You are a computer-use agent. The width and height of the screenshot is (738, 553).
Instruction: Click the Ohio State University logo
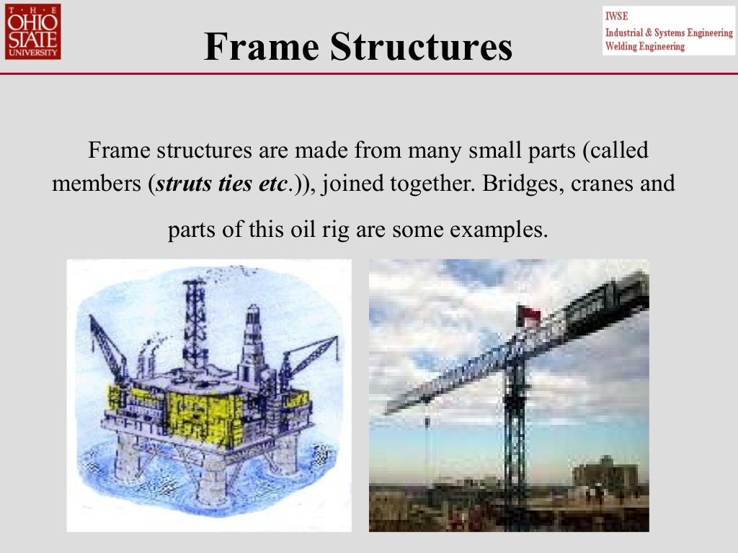point(33,31)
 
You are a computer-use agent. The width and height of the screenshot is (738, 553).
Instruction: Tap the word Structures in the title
point(421,48)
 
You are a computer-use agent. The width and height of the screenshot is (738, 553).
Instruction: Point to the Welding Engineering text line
point(645,47)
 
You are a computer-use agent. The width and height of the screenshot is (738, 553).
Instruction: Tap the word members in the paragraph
point(97,184)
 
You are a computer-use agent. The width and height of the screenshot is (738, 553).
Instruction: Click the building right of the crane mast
point(604,475)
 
